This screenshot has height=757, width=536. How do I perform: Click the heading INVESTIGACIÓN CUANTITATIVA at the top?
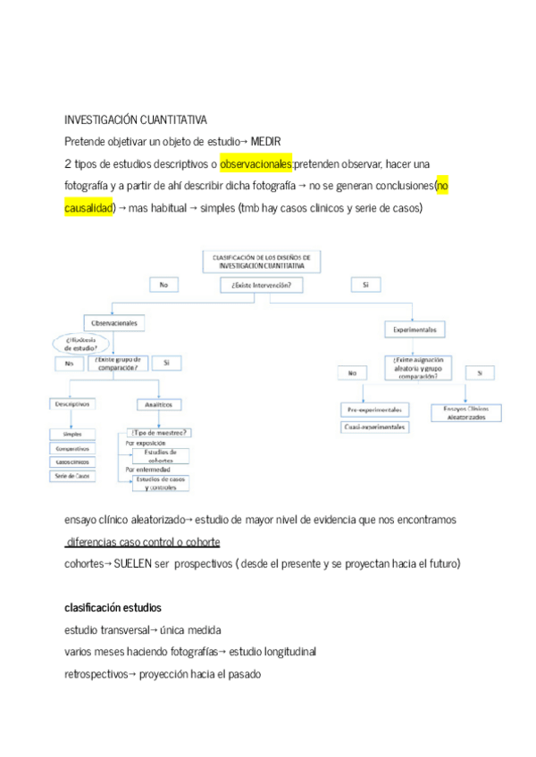click(x=136, y=119)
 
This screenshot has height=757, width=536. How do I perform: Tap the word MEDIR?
click(x=267, y=141)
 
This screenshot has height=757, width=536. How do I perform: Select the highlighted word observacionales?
click(x=256, y=164)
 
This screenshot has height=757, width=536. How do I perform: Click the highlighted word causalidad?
click(x=90, y=208)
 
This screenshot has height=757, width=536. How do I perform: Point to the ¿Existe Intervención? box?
click(x=261, y=285)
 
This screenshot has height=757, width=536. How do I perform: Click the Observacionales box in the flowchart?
click(x=116, y=322)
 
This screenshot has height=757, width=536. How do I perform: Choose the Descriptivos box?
click(x=73, y=403)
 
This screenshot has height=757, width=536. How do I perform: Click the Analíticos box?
click(x=157, y=403)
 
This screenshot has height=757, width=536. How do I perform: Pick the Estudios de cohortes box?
click(x=161, y=456)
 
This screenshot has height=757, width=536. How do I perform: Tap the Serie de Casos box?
click(x=73, y=476)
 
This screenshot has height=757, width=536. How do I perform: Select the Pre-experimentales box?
click(x=374, y=410)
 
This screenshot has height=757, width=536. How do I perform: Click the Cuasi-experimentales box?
click(x=374, y=428)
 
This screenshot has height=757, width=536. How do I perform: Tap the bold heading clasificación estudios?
click(x=113, y=608)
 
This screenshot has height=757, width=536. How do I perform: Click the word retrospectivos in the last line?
click(x=96, y=674)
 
